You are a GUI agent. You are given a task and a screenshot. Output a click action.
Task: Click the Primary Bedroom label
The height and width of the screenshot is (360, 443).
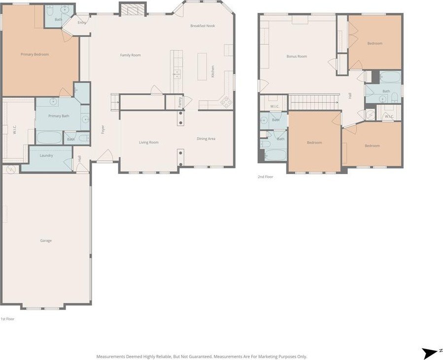coord(35,54)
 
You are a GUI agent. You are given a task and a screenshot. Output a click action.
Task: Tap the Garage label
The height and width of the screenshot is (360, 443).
coord(46,241)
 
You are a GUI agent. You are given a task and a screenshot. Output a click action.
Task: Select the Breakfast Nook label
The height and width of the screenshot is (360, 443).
coord(203,26)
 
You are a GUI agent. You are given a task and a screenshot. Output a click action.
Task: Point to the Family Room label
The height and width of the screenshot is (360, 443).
coord(130,55)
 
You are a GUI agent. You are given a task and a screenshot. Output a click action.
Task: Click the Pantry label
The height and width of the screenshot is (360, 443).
coord(180,103)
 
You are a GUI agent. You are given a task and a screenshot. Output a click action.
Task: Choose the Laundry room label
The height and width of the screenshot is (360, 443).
coord(46,155)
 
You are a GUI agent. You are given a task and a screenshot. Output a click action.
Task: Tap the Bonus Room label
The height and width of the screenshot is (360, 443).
coord(297,56)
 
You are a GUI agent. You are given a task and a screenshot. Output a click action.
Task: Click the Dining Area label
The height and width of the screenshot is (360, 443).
coord(206,139)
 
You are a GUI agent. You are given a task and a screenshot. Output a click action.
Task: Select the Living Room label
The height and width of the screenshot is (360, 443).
coord(149,142)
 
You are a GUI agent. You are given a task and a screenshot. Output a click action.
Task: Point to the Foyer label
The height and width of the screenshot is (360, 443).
coord(103,130)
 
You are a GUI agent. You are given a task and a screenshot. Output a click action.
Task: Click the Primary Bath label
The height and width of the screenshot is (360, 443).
coord(59,116)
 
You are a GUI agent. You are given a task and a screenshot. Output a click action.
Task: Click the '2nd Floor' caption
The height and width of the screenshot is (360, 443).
coord(265,177)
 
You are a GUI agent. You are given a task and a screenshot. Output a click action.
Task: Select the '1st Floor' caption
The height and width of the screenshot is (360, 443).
coord(7,319)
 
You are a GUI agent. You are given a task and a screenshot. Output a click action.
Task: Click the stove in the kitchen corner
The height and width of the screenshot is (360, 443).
coord(226,102)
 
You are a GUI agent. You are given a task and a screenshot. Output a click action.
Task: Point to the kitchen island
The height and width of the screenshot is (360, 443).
coord(202,67)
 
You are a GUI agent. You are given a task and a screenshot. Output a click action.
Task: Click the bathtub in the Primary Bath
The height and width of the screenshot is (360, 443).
coord(49,138)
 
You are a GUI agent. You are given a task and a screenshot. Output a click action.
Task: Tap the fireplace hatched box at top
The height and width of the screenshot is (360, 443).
coord(133,9)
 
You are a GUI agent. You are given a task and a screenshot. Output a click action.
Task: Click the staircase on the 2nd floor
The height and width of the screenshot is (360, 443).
coord(313,102)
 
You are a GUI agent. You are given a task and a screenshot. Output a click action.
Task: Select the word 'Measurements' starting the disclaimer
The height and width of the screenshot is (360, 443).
coord(108,357)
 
